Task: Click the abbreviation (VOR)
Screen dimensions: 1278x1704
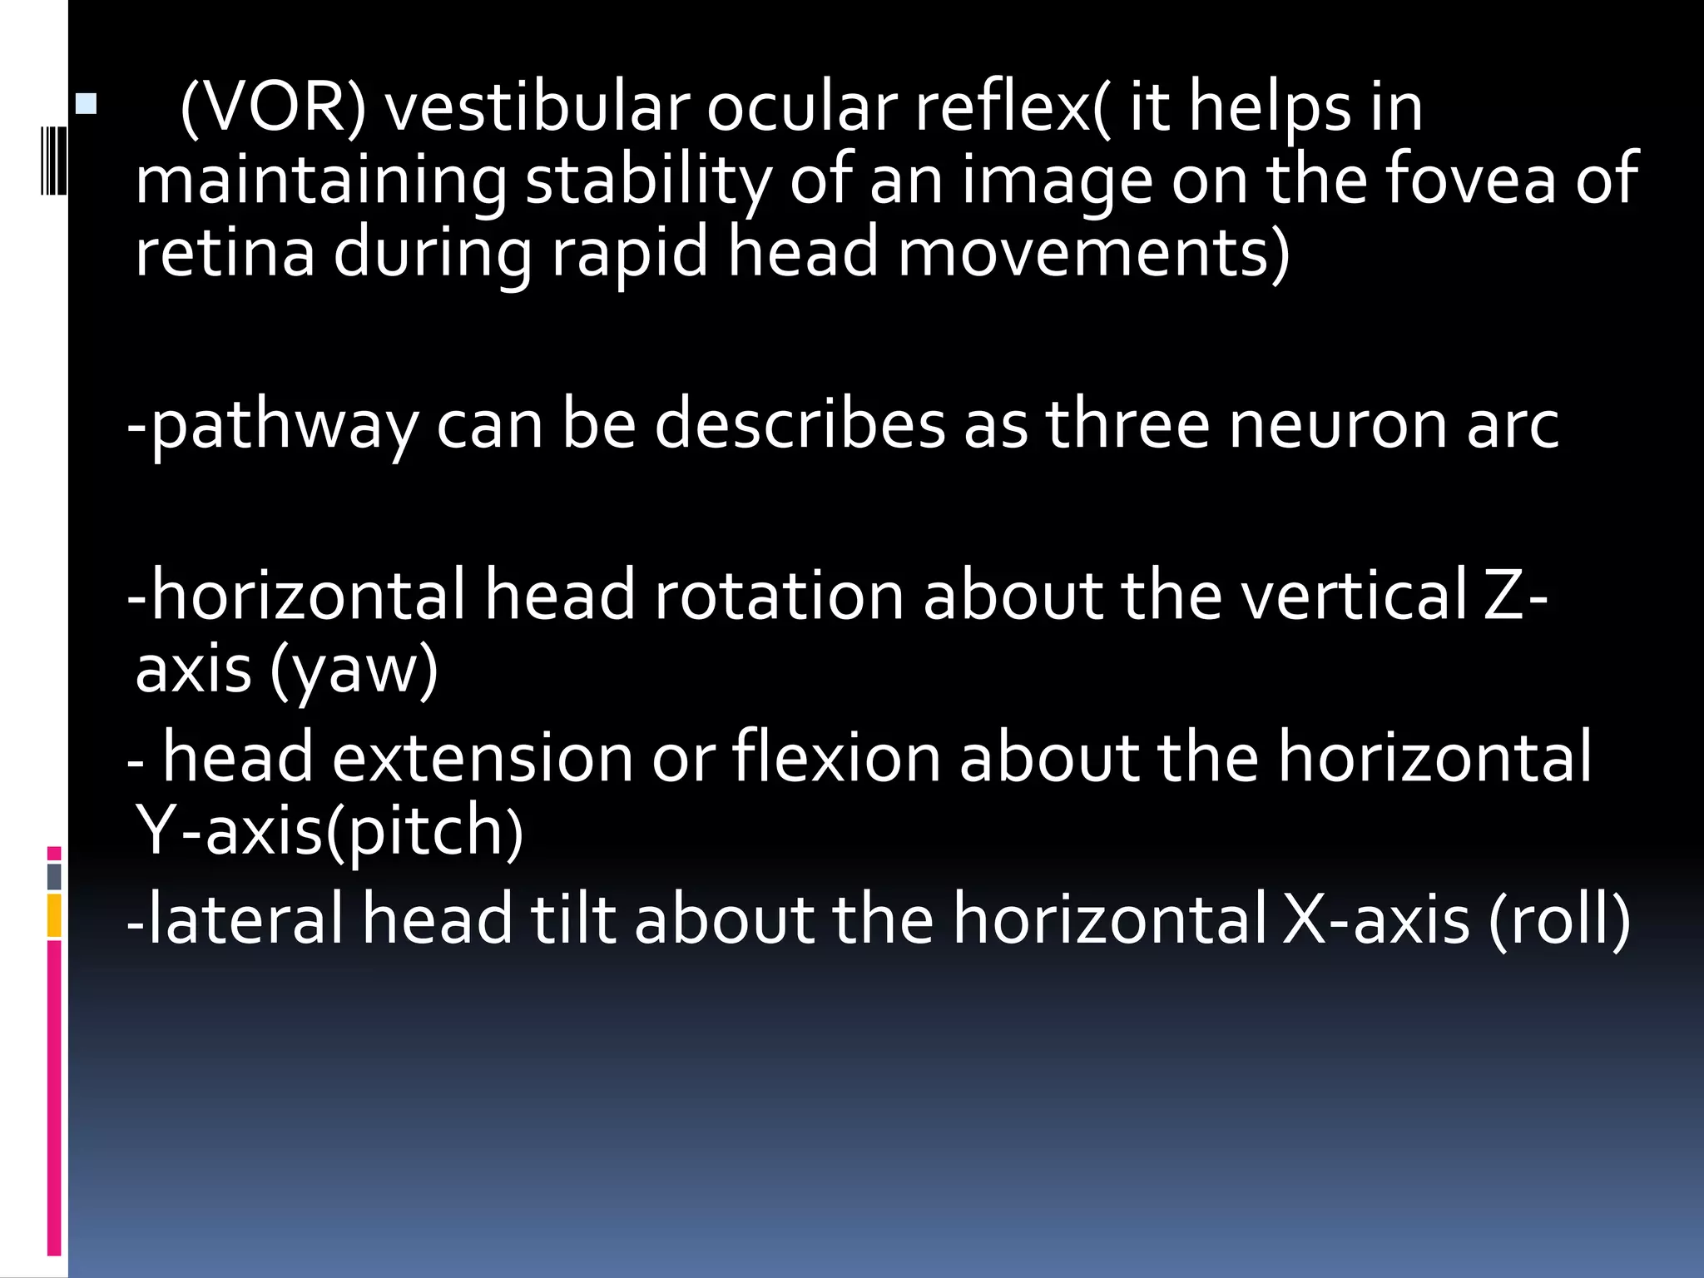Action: pyautogui.click(x=272, y=108)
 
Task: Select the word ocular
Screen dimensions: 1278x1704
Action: pyautogui.click(x=802, y=108)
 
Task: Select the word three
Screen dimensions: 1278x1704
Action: pyautogui.click(x=1127, y=424)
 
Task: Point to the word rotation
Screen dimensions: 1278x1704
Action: pyautogui.click(x=779, y=596)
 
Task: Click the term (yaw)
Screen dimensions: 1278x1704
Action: pyautogui.click(x=354, y=671)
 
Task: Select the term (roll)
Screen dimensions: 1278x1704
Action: pyautogui.click(x=1560, y=920)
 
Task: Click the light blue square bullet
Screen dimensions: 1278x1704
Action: pyautogui.click(x=86, y=104)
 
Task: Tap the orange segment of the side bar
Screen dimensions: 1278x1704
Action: pyautogui.click(x=54, y=914)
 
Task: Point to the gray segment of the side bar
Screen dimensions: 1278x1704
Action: pyautogui.click(x=54, y=876)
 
